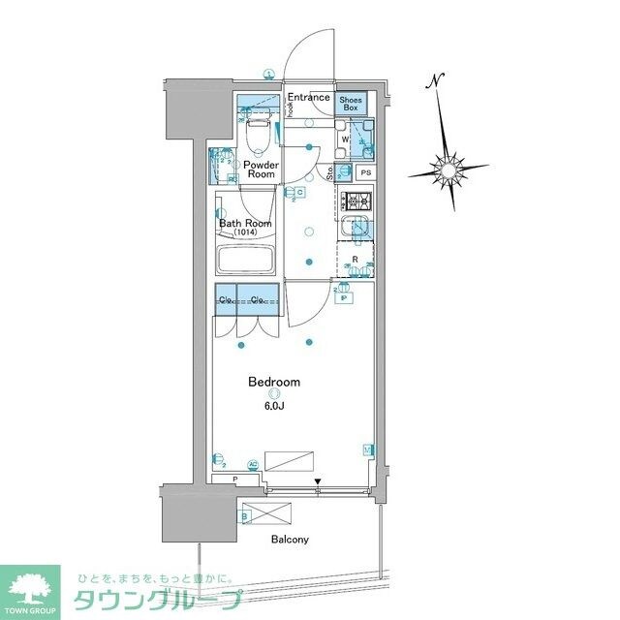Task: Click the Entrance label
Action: (310, 97)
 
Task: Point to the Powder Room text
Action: (261, 170)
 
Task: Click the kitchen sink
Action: (356, 231)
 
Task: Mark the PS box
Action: (365, 173)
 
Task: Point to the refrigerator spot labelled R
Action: (356, 260)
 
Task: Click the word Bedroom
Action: (274, 382)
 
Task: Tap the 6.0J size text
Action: (274, 406)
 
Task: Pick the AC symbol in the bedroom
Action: (254, 464)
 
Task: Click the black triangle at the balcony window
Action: (317, 480)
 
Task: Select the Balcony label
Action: (288, 540)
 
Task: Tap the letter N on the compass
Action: (439, 80)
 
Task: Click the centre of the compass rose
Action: (449, 170)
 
